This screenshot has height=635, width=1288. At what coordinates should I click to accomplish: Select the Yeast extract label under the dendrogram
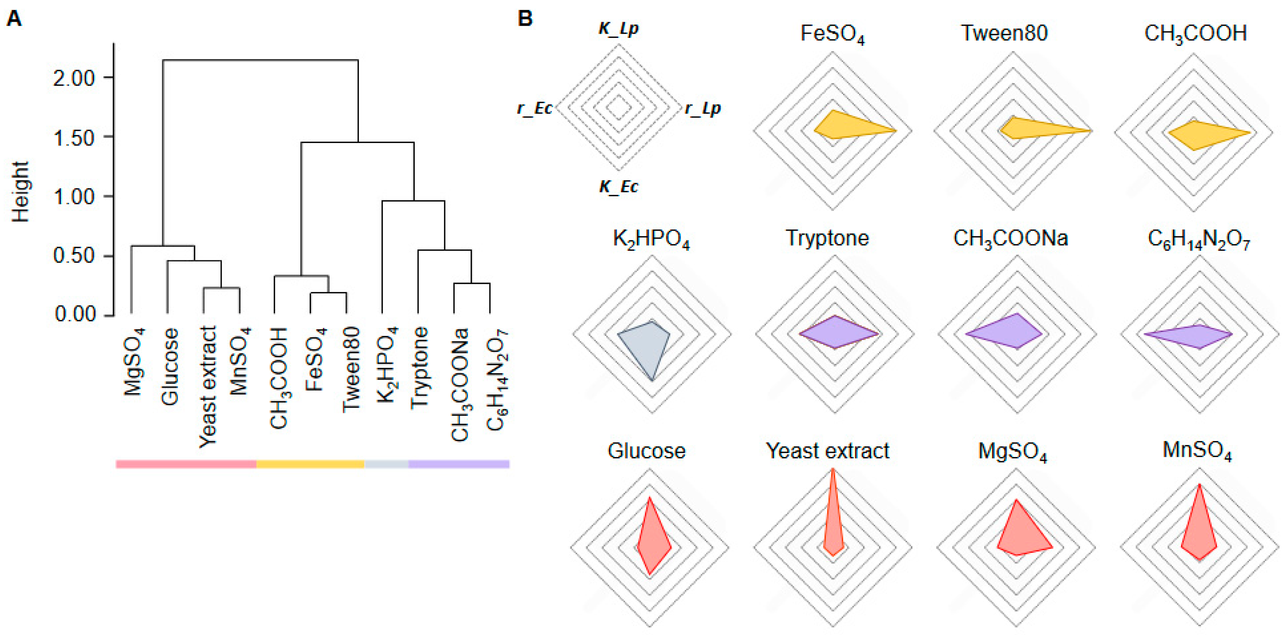207,387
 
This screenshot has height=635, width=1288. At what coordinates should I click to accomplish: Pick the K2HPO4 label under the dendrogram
387,365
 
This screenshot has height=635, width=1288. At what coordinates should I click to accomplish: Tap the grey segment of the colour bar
386,464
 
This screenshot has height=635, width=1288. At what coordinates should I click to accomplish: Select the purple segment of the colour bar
458,464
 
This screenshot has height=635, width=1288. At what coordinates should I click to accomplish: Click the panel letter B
525,19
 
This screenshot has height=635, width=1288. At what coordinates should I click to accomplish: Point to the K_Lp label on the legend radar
619,29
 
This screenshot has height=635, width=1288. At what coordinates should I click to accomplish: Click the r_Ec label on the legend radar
534,108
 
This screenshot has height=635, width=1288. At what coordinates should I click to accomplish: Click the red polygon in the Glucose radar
651,540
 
